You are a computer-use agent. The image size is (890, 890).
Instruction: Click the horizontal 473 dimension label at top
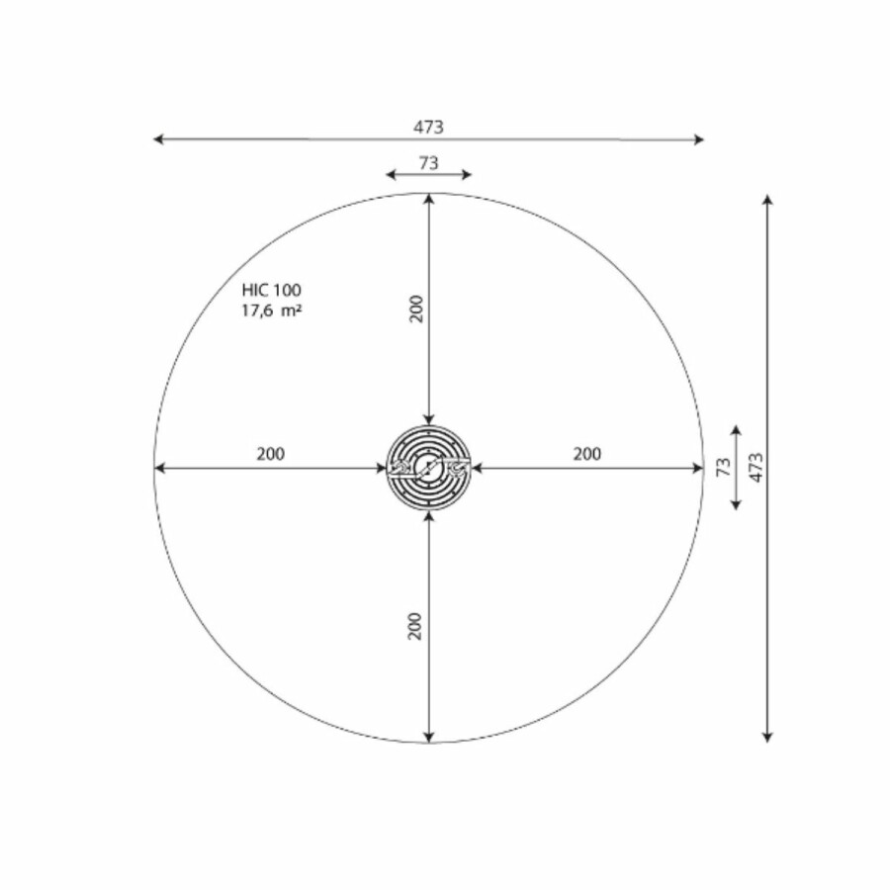coord(428,128)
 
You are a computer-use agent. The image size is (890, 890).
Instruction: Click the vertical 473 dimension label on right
coord(756,468)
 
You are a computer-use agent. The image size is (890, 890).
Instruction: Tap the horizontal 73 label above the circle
coord(428,163)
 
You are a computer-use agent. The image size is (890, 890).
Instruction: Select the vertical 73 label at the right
coord(724,467)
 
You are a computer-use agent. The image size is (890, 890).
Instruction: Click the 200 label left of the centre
coord(271,454)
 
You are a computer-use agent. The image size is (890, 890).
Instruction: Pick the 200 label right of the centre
coord(586,454)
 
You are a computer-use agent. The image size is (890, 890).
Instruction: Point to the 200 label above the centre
coord(416,309)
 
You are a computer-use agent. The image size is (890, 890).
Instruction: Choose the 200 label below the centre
coord(415,626)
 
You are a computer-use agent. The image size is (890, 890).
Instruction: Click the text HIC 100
coord(271,290)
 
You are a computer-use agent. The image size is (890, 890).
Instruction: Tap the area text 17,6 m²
coord(271,311)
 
